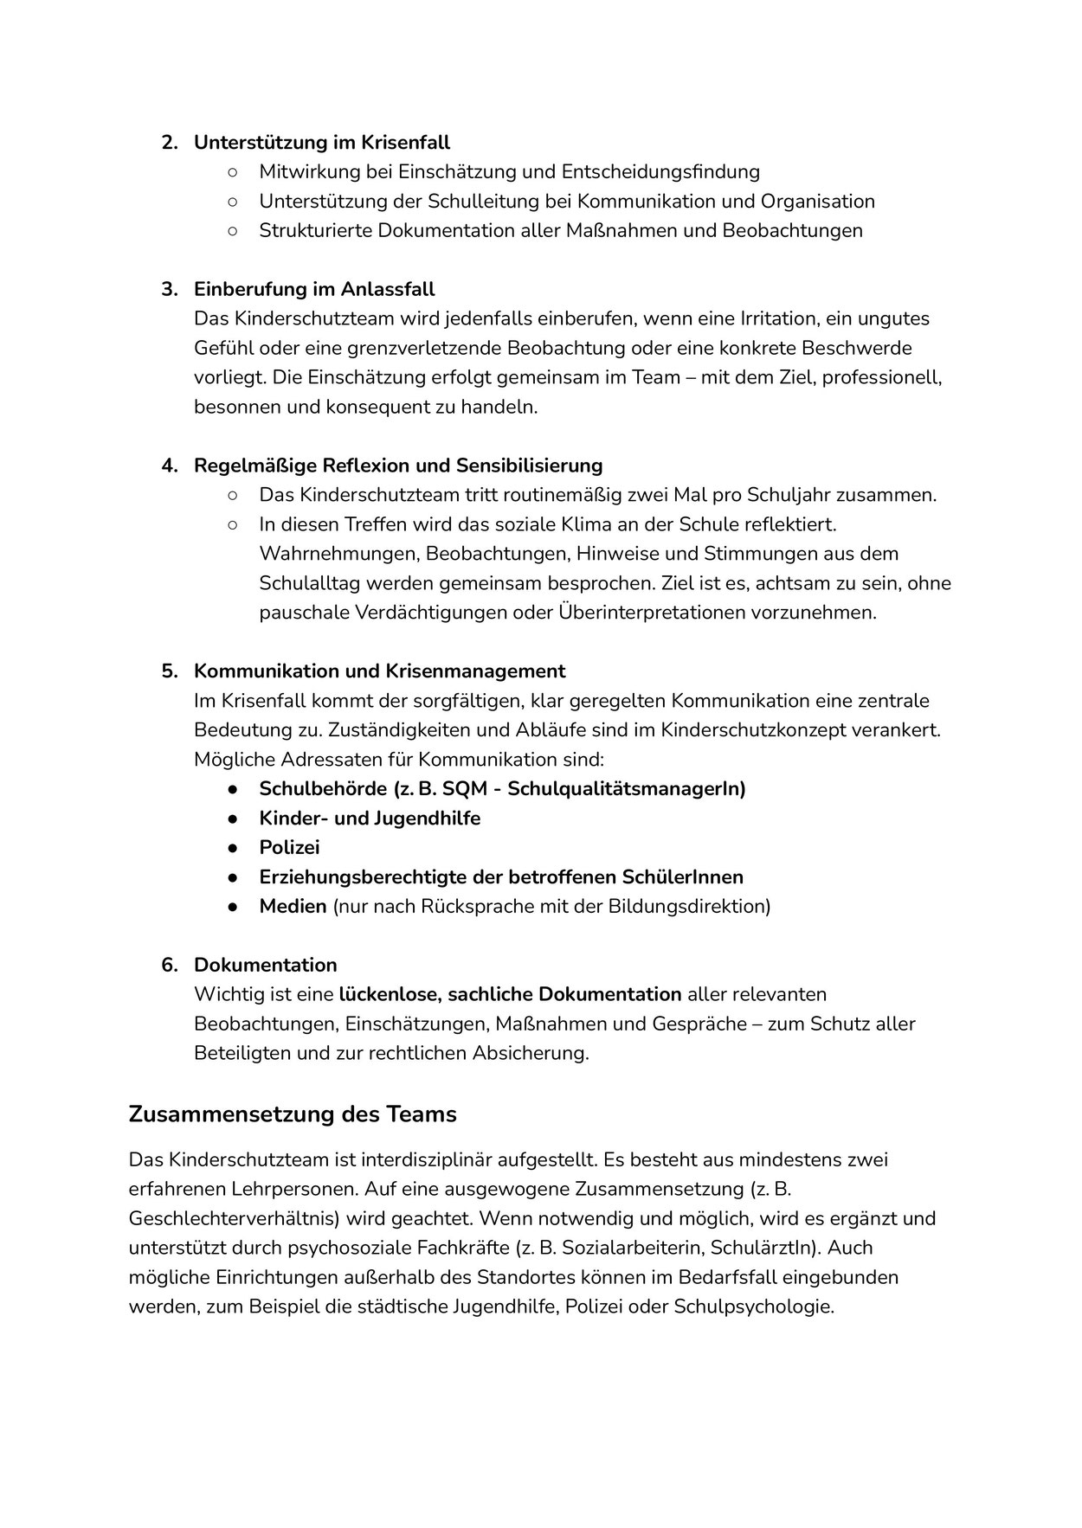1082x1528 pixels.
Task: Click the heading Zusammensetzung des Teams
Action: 292,1114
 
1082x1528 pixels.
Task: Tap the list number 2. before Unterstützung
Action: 169,142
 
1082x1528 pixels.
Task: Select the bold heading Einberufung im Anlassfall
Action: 313,289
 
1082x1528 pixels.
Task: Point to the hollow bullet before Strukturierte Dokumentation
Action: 233,230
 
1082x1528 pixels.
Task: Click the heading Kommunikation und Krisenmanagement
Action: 379,671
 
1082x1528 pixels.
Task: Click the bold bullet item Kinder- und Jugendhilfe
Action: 370,819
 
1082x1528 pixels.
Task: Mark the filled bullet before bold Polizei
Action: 233,848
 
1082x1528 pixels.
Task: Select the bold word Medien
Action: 293,907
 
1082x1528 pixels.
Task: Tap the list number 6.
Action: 169,966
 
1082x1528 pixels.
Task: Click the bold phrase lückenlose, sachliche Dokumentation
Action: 511,995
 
